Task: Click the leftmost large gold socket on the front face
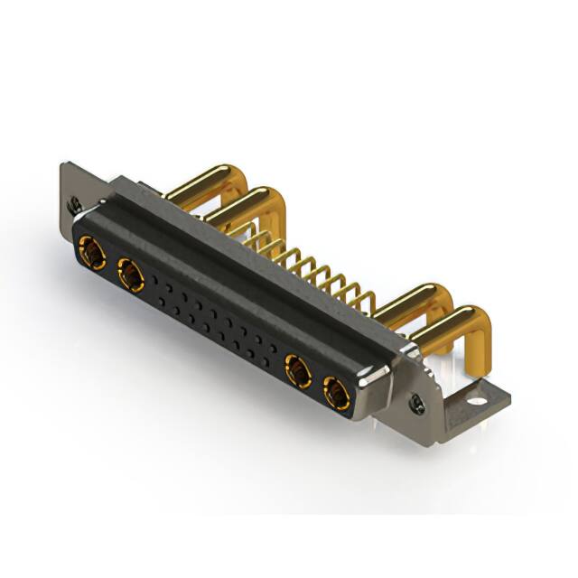[x=91, y=250]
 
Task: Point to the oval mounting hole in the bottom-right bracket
[x=477, y=395]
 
